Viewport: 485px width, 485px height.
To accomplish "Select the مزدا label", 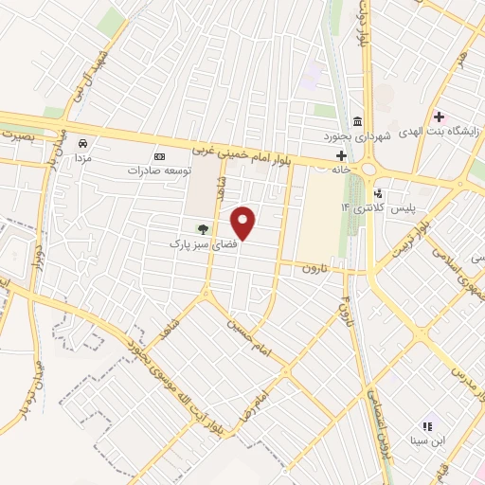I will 83,158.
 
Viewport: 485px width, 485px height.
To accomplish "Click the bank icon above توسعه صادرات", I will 159,156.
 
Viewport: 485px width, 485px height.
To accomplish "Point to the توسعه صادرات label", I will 160,171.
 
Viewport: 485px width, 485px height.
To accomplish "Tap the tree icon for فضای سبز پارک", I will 201,228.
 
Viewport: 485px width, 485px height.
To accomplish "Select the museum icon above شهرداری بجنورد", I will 356,121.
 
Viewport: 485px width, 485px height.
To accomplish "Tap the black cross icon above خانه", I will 341,154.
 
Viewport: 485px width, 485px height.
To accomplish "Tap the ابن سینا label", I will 426,440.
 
